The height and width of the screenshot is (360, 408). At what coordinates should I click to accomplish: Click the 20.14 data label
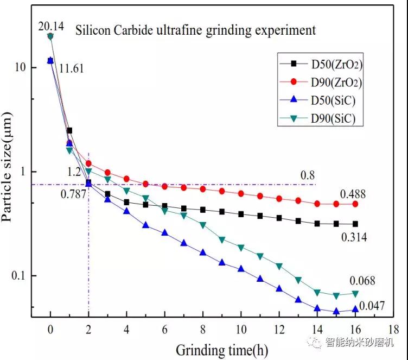50,25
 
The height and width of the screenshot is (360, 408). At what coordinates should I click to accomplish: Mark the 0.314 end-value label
354,236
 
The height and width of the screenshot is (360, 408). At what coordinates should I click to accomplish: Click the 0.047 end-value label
372,306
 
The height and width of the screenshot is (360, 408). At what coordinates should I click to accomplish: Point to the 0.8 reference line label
308,175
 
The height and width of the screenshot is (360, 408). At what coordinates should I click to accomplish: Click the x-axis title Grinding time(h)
221,350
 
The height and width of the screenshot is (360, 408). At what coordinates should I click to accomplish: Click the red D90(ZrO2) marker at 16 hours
355,204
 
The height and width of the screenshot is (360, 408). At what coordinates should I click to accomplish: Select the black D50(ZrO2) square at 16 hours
355,224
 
